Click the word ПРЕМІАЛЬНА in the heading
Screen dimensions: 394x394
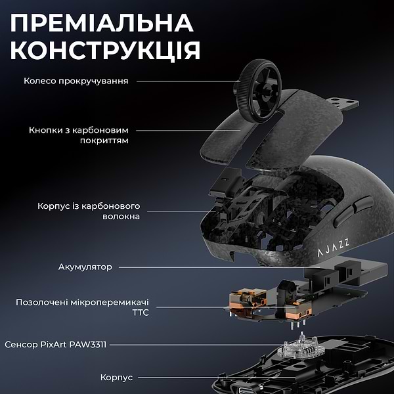102,23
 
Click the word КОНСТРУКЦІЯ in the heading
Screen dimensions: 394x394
106,51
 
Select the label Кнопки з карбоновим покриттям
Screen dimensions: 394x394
78,135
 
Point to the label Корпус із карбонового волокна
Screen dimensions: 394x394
88,211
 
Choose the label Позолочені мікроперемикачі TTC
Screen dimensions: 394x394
83,307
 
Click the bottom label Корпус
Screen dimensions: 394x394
116,378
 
